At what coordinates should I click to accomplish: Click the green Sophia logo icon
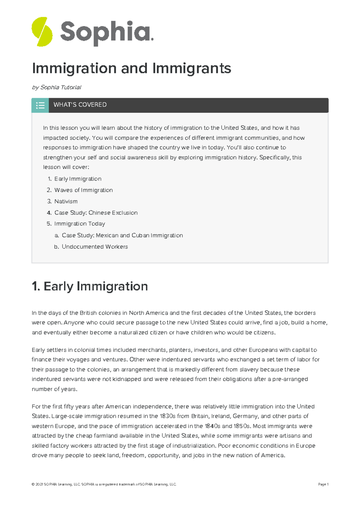[42, 31]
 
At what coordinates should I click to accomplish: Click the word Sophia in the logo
[106, 32]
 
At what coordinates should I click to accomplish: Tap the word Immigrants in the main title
[192, 68]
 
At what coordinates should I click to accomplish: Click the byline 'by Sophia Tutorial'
[56, 87]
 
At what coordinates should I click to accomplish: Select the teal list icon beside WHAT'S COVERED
[40, 105]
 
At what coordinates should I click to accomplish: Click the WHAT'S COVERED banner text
[80, 105]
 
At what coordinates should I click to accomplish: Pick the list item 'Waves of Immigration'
[83, 190]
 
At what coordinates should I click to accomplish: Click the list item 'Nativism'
[66, 201]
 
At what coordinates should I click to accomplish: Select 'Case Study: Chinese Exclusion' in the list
[96, 213]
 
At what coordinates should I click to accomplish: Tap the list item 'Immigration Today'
[79, 224]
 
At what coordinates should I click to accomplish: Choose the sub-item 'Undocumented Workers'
[95, 247]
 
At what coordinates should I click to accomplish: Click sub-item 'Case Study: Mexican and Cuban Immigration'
[122, 235]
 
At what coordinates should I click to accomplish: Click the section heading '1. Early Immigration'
[90, 286]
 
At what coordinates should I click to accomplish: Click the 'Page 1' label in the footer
[323, 484]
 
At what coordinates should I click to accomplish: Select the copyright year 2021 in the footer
[39, 484]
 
